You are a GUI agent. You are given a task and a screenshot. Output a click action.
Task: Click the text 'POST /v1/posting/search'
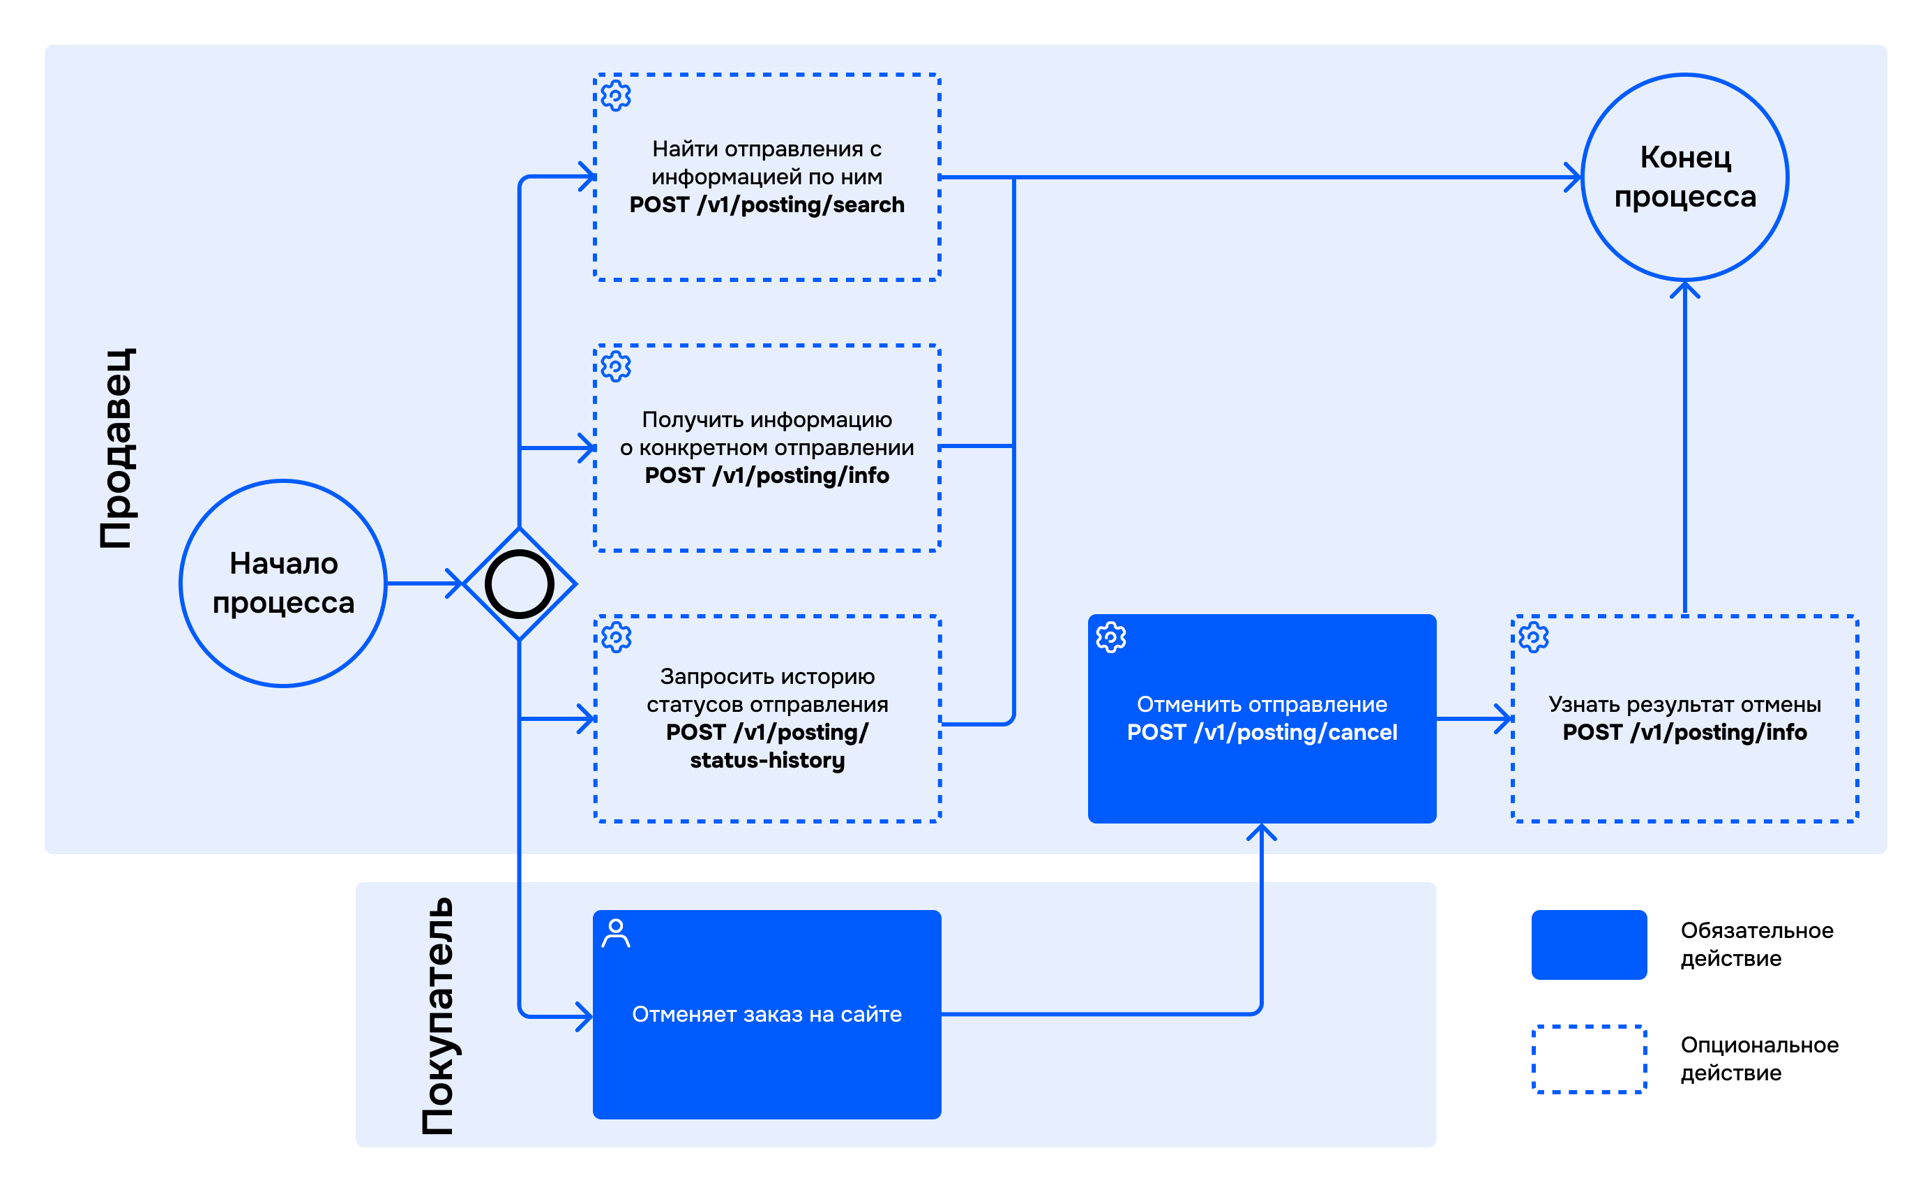tap(767, 205)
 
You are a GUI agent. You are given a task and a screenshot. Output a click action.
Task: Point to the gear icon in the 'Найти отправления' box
tap(616, 96)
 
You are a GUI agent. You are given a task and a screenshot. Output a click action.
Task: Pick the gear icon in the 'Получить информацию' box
tap(616, 366)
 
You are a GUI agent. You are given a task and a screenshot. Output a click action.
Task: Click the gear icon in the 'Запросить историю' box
tap(616, 637)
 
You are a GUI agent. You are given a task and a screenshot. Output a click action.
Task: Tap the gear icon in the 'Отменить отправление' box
tap(1111, 637)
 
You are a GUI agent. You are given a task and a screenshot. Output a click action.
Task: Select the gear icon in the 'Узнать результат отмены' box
tap(1533, 637)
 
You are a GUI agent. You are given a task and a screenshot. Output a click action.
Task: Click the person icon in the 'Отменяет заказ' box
tap(615, 933)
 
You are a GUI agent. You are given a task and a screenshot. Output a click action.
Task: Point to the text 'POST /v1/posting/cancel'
tap(1262, 732)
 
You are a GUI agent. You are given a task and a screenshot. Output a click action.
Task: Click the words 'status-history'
tap(767, 760)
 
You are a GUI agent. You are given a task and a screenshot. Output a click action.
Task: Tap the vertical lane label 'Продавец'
tap(116, 448)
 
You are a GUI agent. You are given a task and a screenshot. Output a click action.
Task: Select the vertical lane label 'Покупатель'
tap(437, 1016)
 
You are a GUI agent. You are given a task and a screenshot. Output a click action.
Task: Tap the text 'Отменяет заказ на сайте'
tap(767, 1014)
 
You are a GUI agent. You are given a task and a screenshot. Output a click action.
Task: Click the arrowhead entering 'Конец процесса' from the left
tap(1573, 177)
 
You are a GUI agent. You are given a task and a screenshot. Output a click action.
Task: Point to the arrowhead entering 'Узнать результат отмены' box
tap(1503, 719)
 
